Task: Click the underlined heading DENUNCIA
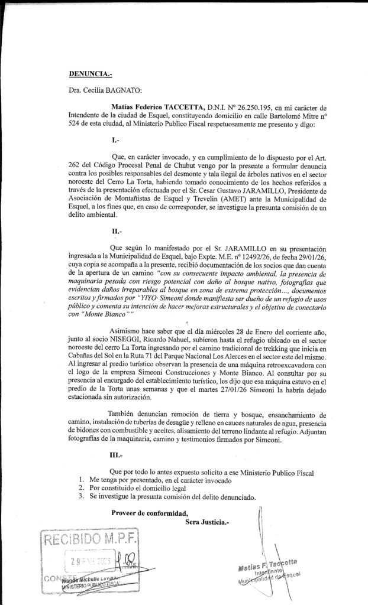click(x=90, y=74)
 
